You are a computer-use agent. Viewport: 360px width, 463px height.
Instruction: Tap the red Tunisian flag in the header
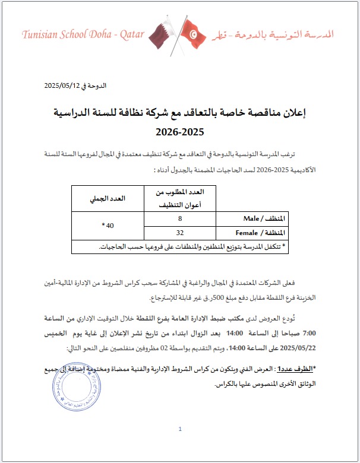pyautogui.click(x=191, y=34)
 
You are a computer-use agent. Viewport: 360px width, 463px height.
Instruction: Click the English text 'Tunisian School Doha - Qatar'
pyautogui.click(x=83, y=35)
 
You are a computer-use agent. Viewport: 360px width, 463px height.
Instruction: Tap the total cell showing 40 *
pyautogui.click(x=108, y=226)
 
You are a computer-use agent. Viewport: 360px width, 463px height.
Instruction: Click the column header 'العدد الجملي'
pyautogui.click(x=108, y=199)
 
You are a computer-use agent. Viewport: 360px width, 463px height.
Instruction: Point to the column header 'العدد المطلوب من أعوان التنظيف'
pyautogui.click(x=179, y=199)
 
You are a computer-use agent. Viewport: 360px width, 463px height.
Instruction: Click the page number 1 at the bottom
pyautogui.click(x=180, y=429)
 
